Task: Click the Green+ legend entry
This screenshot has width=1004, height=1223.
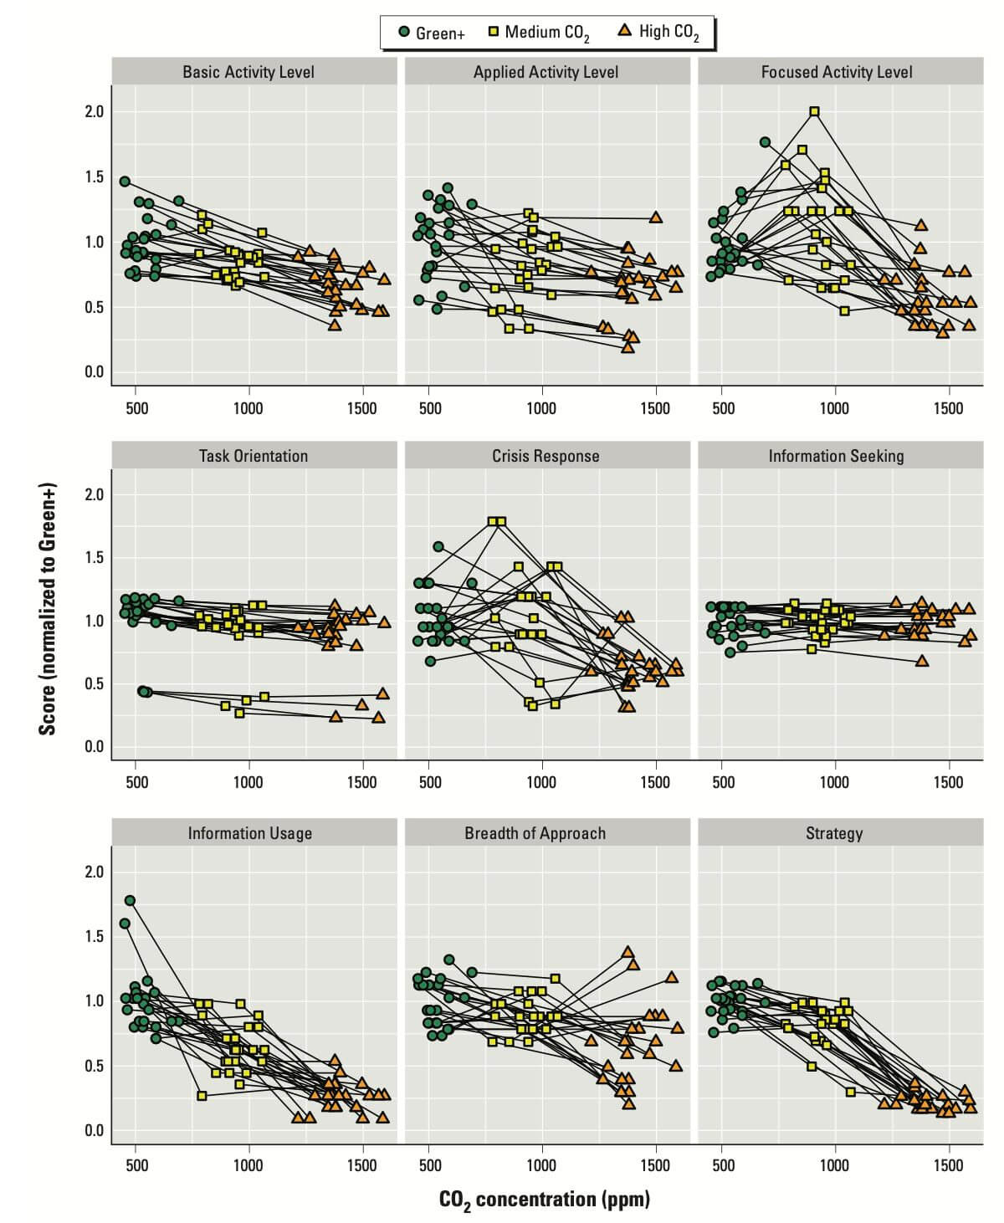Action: point(432,33)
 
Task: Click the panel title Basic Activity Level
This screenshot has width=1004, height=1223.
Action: point(248,72)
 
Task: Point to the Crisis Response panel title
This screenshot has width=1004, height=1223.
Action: point(546,456)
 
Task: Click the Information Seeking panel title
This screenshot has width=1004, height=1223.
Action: point(836,456)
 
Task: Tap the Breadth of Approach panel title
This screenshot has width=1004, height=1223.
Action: point(535,833)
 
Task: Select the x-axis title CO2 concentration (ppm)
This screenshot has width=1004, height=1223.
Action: point(545,1200)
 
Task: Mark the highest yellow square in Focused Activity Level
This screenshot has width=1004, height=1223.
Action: point(814,111)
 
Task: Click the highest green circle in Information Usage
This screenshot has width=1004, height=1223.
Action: point(130,901)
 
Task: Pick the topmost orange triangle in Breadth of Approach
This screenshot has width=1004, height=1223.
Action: point(627,952)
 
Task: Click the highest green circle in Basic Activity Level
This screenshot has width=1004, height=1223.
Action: point(125,182)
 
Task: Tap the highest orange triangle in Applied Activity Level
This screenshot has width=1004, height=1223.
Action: point(656,217)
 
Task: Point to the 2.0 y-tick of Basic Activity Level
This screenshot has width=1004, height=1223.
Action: point(95,112)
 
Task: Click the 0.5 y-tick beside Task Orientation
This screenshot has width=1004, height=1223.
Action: point(95,684)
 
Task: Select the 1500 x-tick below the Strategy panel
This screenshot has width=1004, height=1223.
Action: point(948,1165)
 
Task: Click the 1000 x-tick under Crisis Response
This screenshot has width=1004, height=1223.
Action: point(542,782)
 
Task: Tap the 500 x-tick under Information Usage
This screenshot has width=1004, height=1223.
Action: point(136,1165)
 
